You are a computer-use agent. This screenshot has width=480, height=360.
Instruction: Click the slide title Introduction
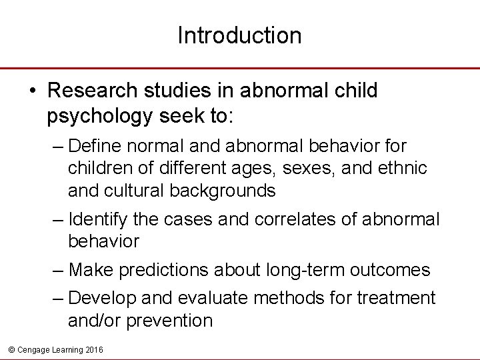239,35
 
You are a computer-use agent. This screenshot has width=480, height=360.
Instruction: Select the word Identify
95,219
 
